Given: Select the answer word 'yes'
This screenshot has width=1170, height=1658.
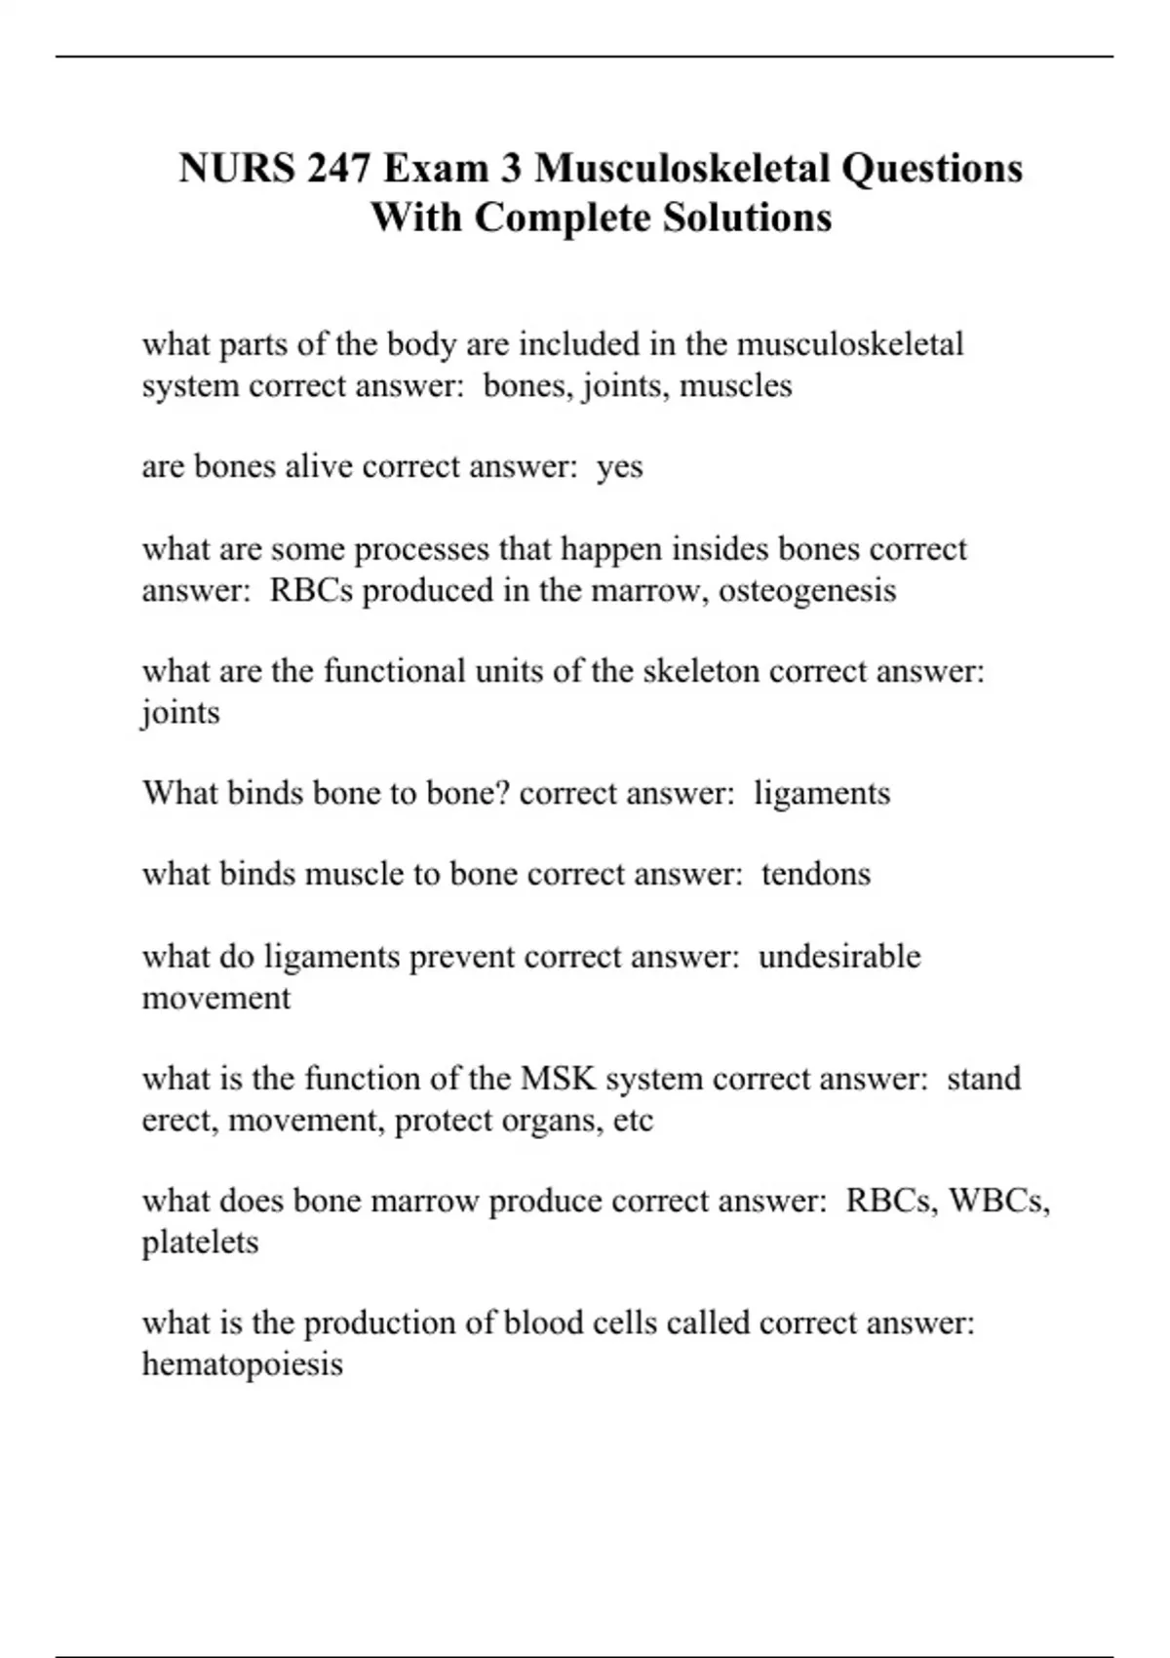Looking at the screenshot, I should tap(620, 467).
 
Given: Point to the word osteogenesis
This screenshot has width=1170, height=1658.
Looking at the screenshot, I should tap(807, 590).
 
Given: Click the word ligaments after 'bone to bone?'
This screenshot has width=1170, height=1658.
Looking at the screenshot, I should tap(822, 793).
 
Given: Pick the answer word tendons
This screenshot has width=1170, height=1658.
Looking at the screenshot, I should tap(816, 874).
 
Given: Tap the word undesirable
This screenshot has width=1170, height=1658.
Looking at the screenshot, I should tap(838, 956).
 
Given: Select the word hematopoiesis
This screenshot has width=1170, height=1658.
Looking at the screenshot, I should tap(243, 1363).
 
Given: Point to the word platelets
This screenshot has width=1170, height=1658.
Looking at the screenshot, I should tap(201, 1243).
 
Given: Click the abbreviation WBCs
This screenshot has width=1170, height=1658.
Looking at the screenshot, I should tap(998, 1201).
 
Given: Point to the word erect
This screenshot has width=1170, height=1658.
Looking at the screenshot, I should tap(180, 1121).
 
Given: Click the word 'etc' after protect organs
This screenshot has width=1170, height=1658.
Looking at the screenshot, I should tap(633, 1121).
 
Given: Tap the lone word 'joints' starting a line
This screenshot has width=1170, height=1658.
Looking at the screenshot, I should tap(181, 714).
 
